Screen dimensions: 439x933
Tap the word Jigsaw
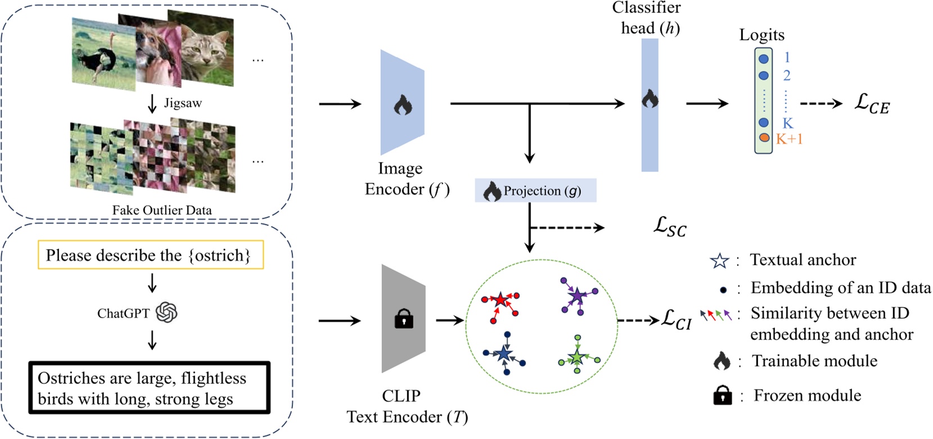point(183,103)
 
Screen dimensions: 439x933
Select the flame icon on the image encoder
point(403,105)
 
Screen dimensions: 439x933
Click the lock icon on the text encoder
point(403,319)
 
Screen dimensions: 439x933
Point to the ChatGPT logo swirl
point(166,313)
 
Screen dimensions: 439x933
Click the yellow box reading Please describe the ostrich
point(150,255)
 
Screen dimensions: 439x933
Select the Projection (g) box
point(535,191)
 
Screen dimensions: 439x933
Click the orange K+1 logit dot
point(763,138)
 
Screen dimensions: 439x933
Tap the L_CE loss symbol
point(872,103)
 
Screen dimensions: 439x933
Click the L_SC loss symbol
point(670,227)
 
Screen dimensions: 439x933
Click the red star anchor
point(500,300)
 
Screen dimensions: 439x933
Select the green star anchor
point(576,357)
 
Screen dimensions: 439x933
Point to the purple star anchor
point(576,295)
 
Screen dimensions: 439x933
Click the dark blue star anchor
point(504,354)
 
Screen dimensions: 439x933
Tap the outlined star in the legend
point(719,261)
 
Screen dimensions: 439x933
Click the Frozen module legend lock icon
point(722,396)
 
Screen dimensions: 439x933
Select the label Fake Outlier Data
point(162,210)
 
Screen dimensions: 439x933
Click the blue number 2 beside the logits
point(787,75)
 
